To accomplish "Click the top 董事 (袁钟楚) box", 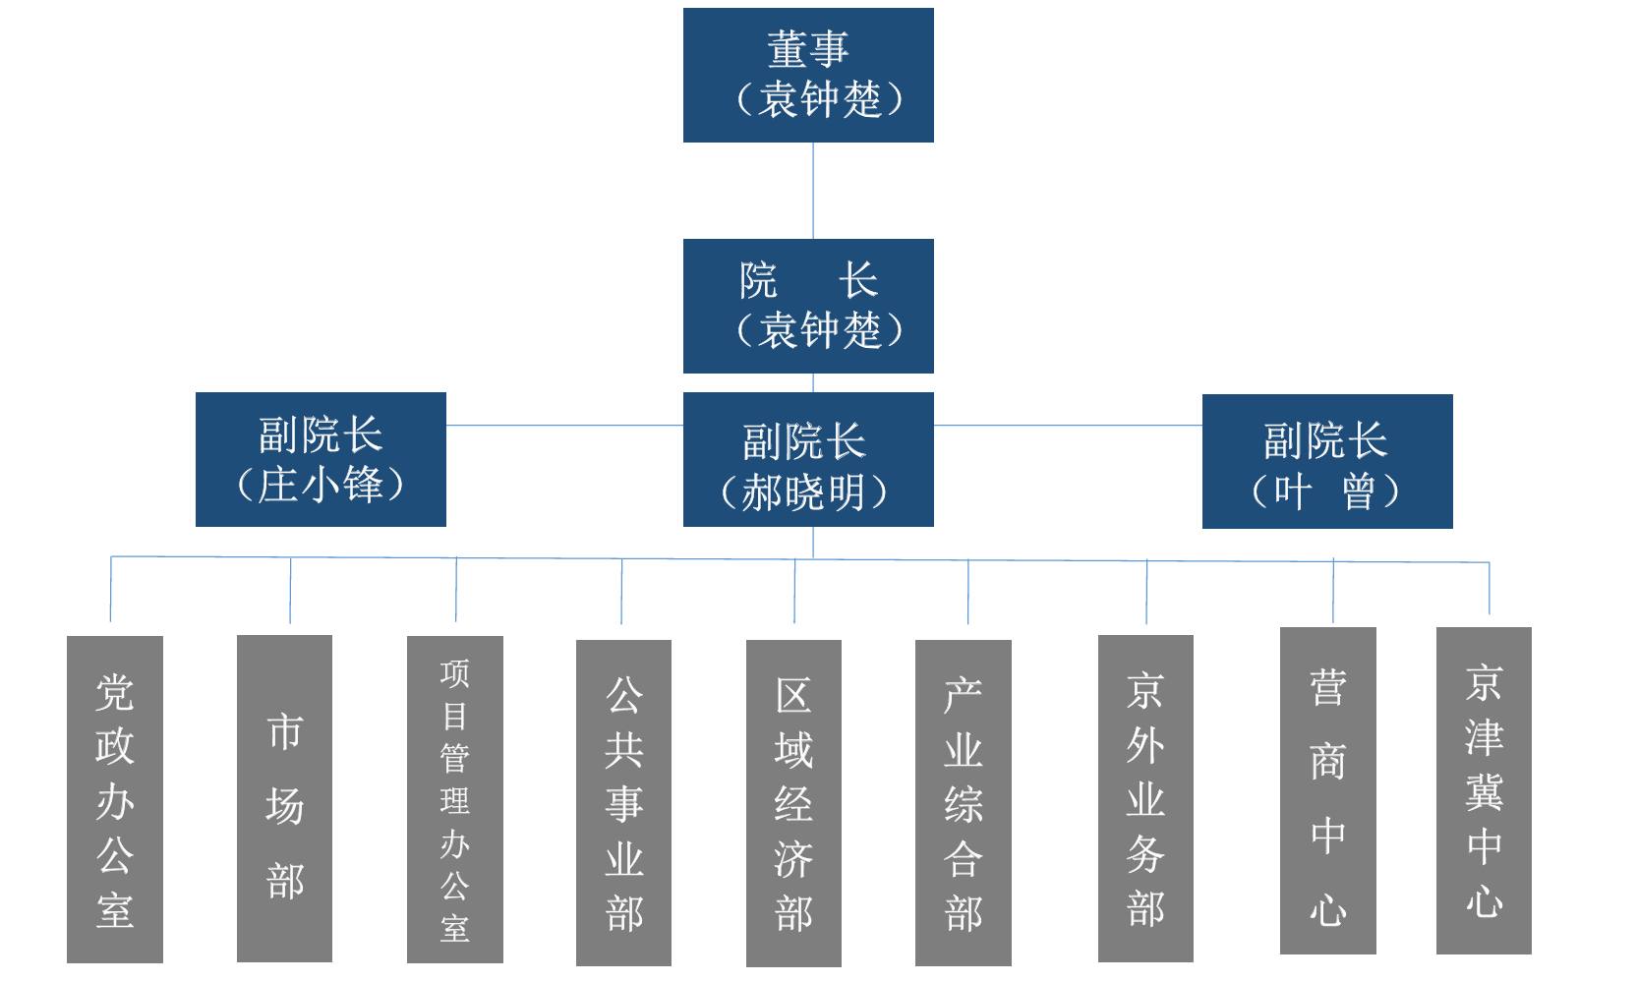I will [808, 75].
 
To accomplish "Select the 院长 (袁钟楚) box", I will [808, 306].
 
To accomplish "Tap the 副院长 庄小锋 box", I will [321, 459].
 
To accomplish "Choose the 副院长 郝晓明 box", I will [808, 459].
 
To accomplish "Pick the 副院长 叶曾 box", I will [1327, 461].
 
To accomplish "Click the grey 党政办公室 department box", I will [115, 798].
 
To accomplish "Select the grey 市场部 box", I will [284, 797].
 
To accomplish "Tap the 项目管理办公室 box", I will [455, 798].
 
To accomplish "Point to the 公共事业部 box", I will [623, 802].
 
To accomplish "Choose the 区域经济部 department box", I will [793, 802].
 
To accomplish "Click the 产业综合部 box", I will [964, 802].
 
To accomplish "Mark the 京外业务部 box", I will [1145, 797].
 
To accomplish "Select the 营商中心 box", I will [1328, 790].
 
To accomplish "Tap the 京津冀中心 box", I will [1484, 790].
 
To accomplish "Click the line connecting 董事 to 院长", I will [813, 191].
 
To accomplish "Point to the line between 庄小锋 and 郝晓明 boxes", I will [564, 426].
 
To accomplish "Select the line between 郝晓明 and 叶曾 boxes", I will [1068, 426].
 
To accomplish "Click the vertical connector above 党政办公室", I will [110, 590].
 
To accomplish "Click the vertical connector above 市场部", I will [290, 590].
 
